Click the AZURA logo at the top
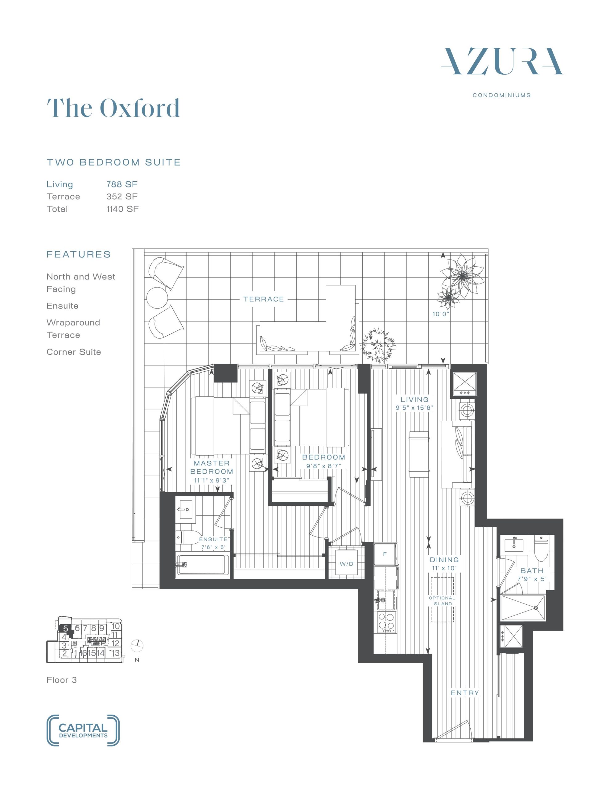pos(502,61)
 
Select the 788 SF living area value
pos(122,184)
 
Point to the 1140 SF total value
pos(122,209)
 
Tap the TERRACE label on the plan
pos(264,299)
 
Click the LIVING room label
pos(414,399)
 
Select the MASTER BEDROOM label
pos(212,467)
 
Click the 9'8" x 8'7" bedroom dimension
pos(324,466)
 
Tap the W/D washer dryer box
pos(346,564)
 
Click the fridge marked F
pos(385,554)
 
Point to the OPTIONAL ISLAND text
pos(442,601)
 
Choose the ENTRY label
pos(465,693)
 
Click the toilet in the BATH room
pos(541,548)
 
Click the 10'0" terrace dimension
pos(441,314)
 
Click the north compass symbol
pos(138,645)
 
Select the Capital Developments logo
pos(83,730)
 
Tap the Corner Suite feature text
pos(74,352)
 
